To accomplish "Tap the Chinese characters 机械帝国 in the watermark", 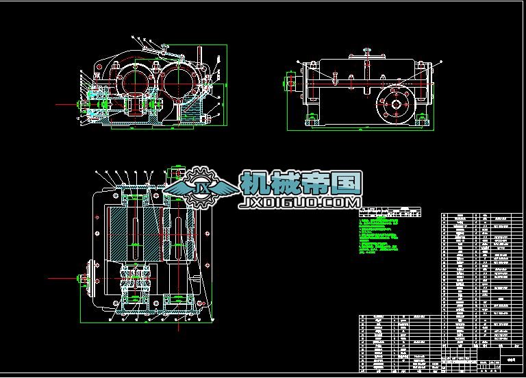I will [300, 184].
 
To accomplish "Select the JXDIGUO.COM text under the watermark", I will [299, 203].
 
